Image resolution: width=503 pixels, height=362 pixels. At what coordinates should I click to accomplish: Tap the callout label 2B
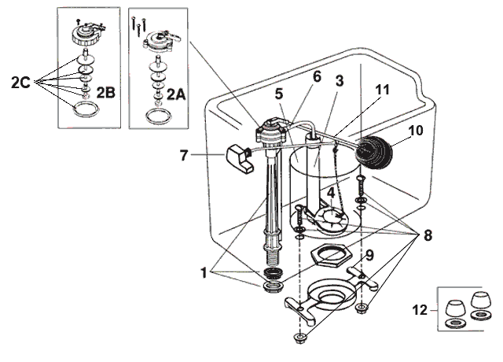pyautogui.click(x=105, y=94)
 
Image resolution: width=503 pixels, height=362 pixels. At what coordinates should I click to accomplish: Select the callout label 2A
pyautogui.click(x=174, y=94)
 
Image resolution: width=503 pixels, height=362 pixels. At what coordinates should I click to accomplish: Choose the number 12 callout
pyautogui.click(x=421, y=310)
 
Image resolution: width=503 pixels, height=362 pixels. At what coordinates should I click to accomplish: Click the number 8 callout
pyautogui.click(x=428, y=234)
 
